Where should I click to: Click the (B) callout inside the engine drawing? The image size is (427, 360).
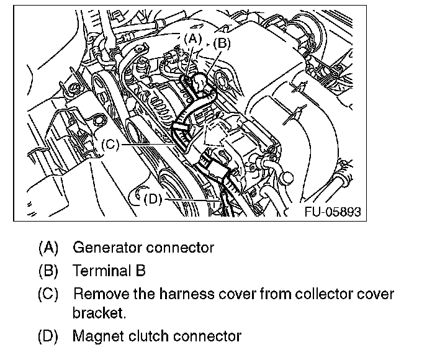(x=221, y=43)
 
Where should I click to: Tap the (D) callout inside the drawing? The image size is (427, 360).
(x=151, y=199)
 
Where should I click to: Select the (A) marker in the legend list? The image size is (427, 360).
(x=48, y=248)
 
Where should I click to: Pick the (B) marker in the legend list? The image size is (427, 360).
(x=48, y=271)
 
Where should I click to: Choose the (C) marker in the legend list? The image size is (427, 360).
(x=48, y=294)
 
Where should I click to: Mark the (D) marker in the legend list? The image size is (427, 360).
(x=48, y=337)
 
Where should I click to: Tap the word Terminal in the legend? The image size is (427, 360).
(x=100, y=271)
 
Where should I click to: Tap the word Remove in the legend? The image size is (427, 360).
(x=98, y=294)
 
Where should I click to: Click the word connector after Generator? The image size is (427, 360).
(x=180, y=248)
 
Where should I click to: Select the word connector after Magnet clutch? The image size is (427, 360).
(x=207, y=337)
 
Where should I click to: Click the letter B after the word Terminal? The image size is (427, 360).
(x=141, y=271)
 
